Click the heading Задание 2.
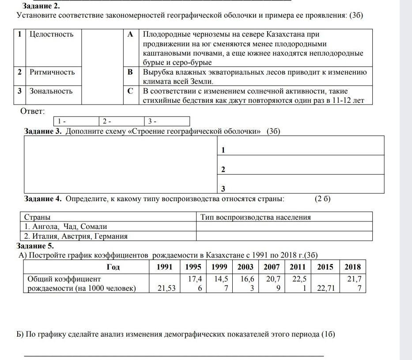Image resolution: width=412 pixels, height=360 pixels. [x=42, y=6]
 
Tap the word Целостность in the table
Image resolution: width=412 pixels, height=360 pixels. [x=51, y=34]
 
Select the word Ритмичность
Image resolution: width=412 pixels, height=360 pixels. [x=52, y=72]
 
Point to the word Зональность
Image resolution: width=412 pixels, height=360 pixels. [x=51, y=91]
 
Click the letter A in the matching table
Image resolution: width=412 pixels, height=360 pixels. [x=130, y=34]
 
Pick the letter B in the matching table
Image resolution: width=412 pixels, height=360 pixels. [x=130, y=72]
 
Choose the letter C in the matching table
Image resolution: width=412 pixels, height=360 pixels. [x=130, y=91]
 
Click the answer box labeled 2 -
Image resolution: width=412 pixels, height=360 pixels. [x=121, y=121]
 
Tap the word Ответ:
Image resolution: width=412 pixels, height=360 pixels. [x=33, y=111]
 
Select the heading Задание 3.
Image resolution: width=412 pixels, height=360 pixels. [x=43, y=131]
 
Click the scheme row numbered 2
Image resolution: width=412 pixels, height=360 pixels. [x=300, y=169]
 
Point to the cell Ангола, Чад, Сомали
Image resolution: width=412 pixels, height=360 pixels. [x=66, y=227]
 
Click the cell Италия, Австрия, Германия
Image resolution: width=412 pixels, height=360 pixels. [x=76, y=236]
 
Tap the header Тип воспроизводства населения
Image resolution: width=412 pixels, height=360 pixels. [x=256, y=217]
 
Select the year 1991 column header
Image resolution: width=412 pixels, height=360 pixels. [x=165, y=267]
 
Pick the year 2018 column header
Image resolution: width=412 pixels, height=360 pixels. [x=352, y=267]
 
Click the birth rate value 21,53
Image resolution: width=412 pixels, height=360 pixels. [x=167, y=288]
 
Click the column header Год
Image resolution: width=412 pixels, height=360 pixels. [x=113, y=267]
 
